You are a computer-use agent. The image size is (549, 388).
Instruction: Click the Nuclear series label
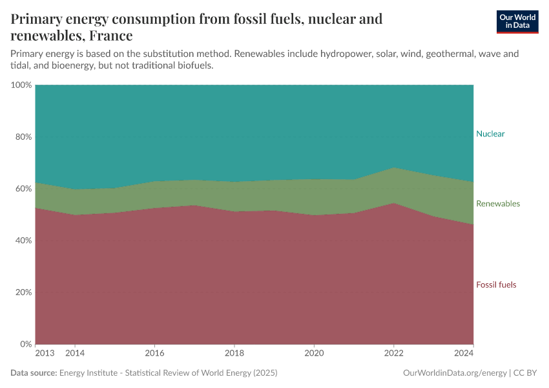(490, 134)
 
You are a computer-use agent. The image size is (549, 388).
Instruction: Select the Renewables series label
(497, 204)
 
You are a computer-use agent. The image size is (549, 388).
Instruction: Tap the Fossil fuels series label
(496, 285)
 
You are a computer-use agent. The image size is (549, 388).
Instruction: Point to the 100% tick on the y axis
(21, 85)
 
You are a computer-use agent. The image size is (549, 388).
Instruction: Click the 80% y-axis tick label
(23, 137)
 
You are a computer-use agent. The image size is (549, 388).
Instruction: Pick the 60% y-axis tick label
(23, 189)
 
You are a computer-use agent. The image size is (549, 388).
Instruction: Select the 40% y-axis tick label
(23, 241)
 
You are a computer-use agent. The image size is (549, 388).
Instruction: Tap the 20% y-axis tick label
(23, 292)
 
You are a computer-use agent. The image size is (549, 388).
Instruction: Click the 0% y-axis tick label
(25, 344)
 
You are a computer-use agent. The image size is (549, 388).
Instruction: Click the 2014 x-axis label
(75, 354)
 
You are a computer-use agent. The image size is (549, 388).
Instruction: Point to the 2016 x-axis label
(154, 354)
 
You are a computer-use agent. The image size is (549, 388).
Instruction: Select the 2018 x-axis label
(234, 354)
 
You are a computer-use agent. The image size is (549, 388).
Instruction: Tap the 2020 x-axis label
(314, 354)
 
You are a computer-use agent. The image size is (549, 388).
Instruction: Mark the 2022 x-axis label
(393, 354)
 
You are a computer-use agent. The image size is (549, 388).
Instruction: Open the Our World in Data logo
(517, 21)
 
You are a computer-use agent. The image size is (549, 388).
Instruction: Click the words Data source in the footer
(34, 373)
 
